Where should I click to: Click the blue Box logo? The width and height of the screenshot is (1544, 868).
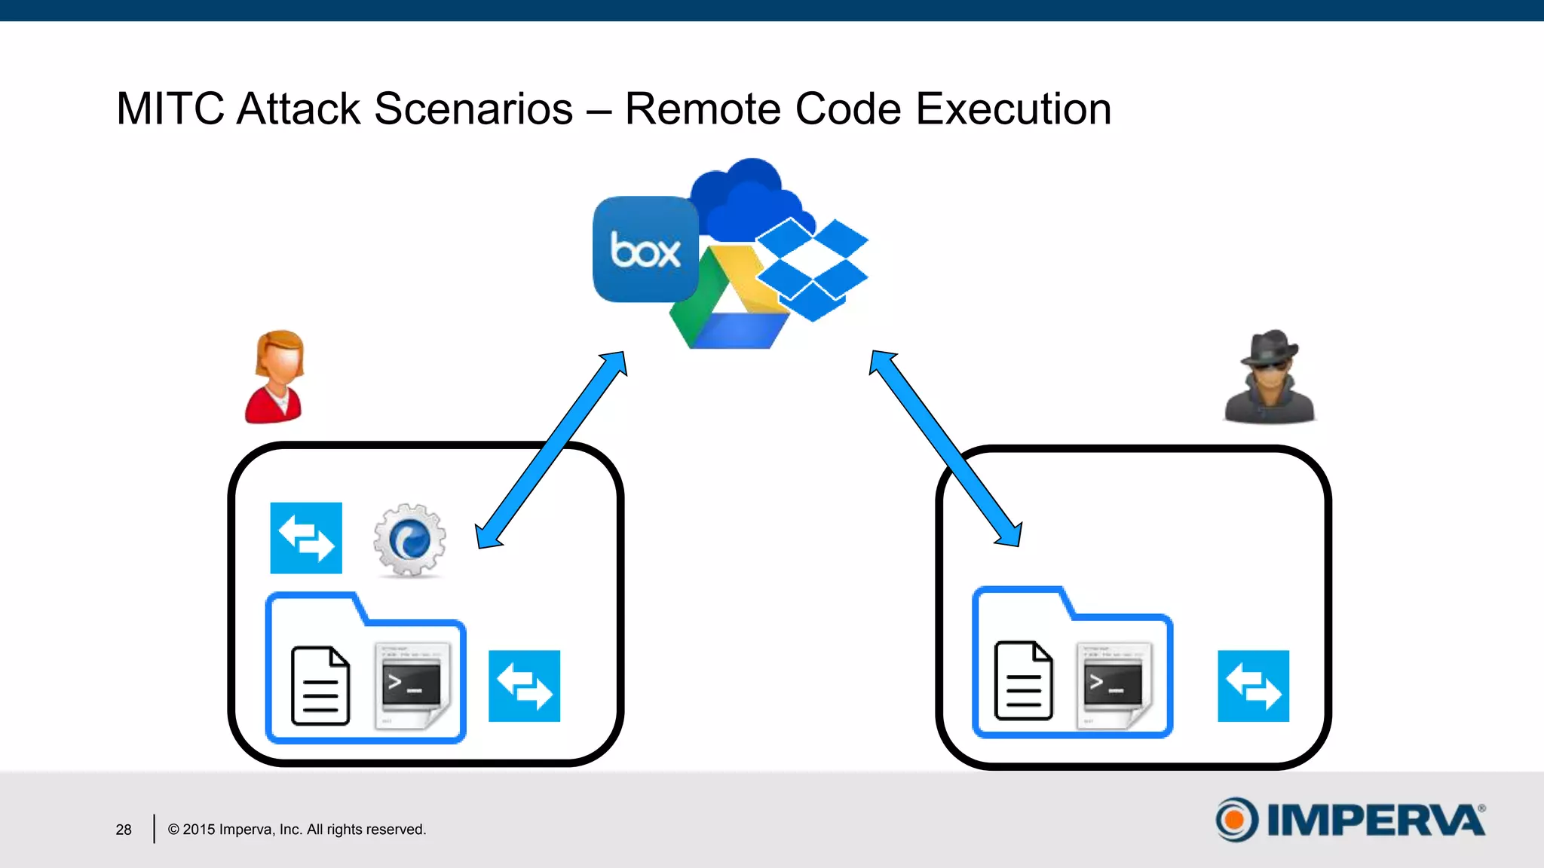645,249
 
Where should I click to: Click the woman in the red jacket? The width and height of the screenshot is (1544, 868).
275,377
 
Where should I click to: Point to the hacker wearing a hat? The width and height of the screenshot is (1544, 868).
1270,377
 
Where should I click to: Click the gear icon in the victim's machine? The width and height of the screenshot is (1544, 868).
409,540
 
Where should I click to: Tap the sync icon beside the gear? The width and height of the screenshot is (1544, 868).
306,538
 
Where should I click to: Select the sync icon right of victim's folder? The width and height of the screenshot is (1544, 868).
524,686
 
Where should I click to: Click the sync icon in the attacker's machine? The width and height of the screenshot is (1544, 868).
1253,686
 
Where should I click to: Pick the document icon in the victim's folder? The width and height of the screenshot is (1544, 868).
320,686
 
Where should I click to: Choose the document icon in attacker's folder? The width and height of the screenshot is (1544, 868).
1023,680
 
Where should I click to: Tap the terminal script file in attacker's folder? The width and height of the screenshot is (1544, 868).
1114,684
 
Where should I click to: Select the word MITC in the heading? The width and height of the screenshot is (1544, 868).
170,108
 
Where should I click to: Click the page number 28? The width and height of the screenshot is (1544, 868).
124,830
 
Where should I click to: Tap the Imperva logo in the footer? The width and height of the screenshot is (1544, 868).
1349,820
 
